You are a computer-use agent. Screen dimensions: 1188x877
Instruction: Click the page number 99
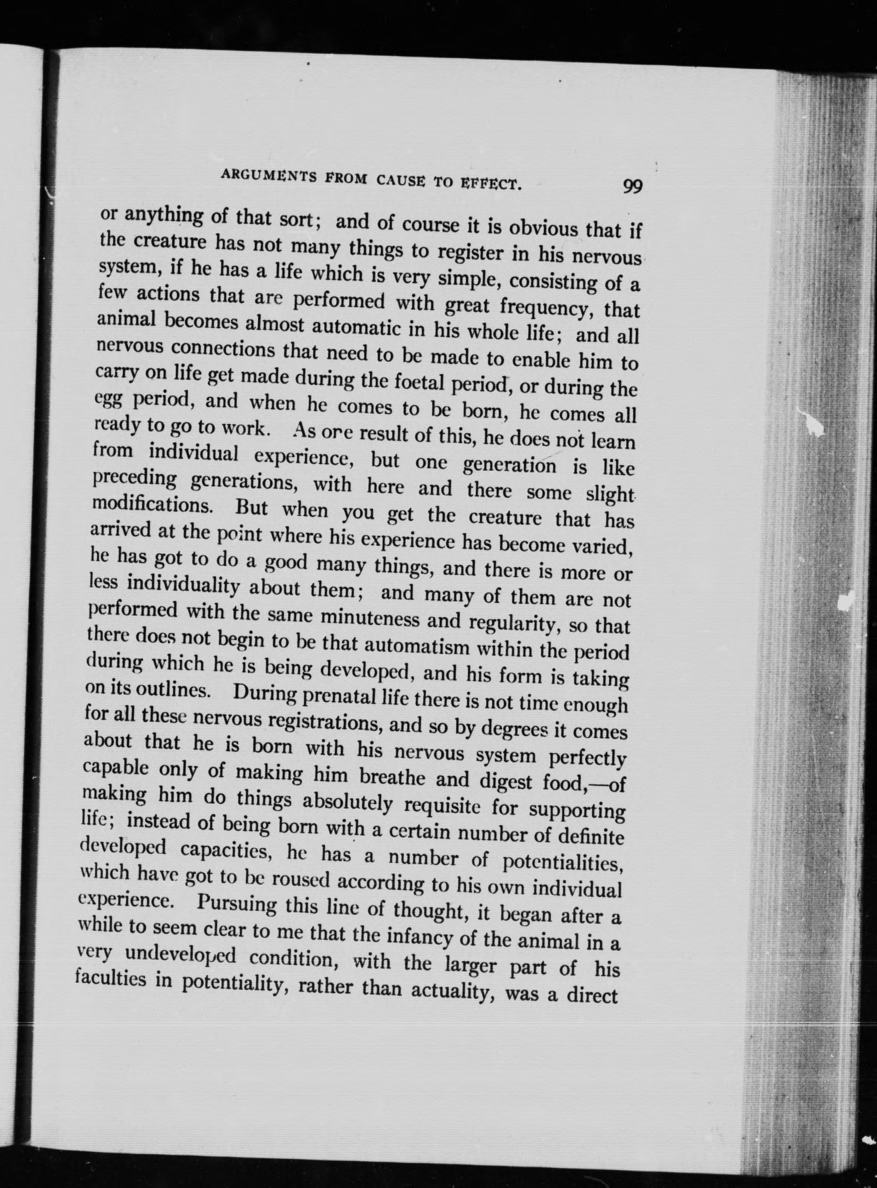point(632,187)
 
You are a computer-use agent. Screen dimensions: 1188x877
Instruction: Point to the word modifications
point(153,504)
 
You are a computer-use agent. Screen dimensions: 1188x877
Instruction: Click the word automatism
point(418,647)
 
